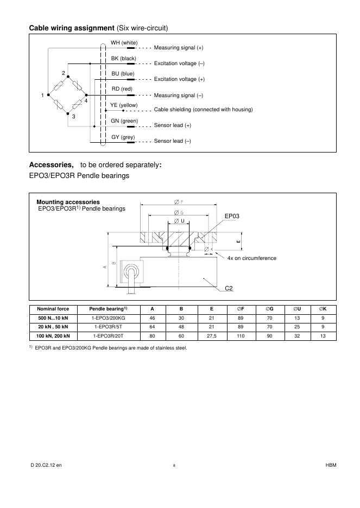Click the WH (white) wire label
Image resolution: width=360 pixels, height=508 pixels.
(124, 43)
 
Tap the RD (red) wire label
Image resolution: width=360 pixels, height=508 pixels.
(122, 89)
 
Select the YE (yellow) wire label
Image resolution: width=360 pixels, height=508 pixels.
(124, 105)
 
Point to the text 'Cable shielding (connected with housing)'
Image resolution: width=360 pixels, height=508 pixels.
(203, 110)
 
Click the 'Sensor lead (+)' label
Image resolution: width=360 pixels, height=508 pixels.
(172, 125)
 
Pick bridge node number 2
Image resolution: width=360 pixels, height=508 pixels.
(64, 73)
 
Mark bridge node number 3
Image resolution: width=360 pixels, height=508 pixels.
(73, 117)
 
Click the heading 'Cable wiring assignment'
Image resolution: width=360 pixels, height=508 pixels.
(71, 27)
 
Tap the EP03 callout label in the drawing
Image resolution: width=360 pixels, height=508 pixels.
(232, 216)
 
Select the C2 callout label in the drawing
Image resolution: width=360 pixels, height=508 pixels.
(229, 288)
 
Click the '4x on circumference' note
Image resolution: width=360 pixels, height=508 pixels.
(251, 258)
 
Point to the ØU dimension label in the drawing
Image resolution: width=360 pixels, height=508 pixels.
(179, 221)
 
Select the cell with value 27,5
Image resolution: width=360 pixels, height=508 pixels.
(212, 336)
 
